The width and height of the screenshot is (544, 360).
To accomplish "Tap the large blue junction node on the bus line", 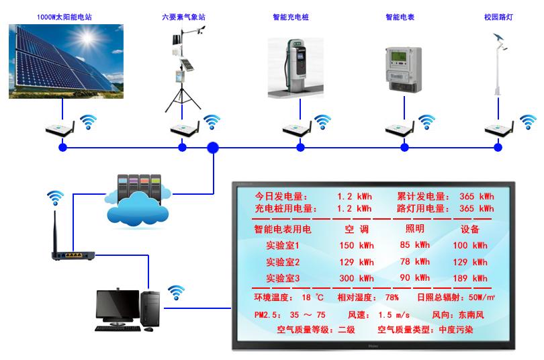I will click(213, 147).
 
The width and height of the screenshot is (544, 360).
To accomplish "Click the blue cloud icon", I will click(138, 207).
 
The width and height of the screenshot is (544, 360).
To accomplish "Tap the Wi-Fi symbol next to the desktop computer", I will click(176, 292).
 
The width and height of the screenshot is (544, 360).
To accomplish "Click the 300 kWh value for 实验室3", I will click(356, 278).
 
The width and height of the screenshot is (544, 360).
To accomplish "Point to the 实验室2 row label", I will click(282, 262).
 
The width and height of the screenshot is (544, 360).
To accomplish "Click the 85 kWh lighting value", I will click(414, 245).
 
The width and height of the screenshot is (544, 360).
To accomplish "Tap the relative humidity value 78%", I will click(392, 297).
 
